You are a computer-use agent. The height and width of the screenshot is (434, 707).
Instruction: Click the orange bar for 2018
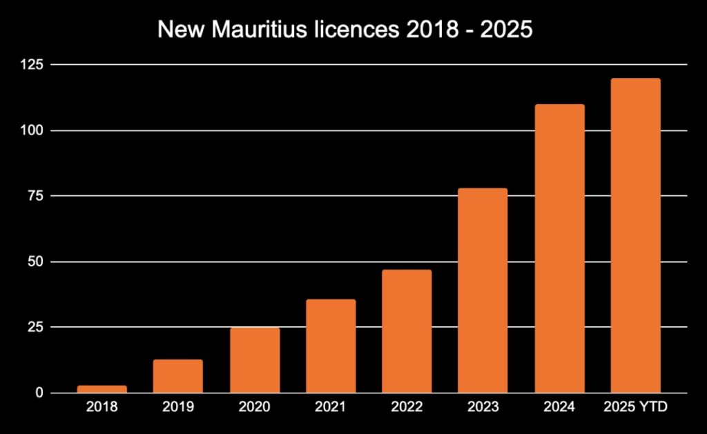coord(102,389)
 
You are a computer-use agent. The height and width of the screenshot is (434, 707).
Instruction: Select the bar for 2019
coord(178,376)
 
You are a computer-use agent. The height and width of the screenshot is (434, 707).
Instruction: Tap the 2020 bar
coord(255,360)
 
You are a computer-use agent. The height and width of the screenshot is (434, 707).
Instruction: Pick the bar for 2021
coord(331,346)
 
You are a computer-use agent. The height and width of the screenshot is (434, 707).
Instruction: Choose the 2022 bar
coord(407,331)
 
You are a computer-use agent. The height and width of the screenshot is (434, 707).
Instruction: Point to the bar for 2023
coord(483,290)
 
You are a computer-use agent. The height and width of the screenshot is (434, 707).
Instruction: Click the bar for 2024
coord(559,248)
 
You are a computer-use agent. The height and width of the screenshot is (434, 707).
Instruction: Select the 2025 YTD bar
coord(635,235)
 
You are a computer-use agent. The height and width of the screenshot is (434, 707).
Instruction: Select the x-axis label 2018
coord(102,407)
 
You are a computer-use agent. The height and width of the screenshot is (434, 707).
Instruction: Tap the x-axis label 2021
coord(331,407)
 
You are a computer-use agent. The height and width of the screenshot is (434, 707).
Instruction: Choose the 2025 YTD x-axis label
coord(635,407)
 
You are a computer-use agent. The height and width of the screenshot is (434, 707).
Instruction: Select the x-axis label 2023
coord(483,407)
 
